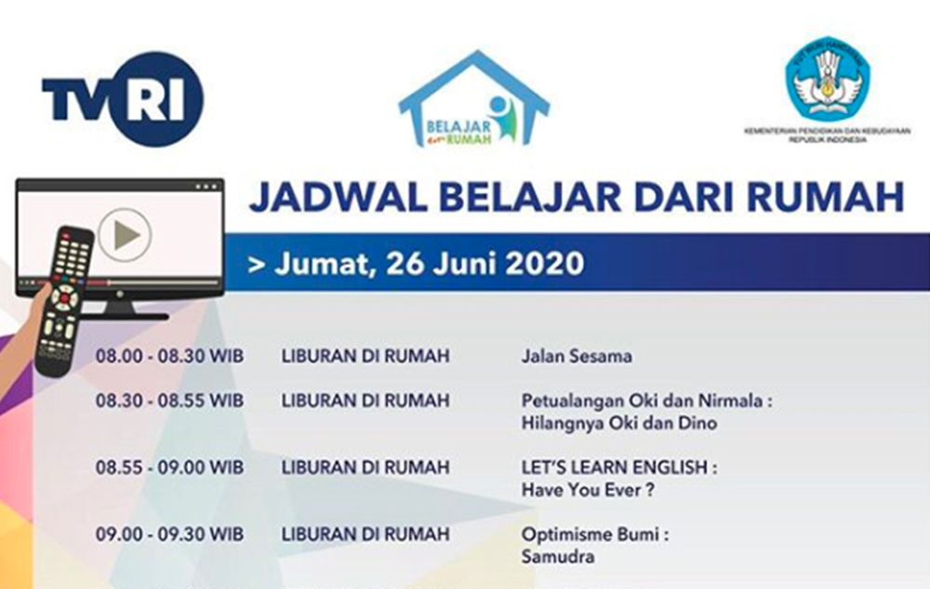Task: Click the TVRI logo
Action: coord(122,98)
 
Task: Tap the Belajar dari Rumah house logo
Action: coord(473,101)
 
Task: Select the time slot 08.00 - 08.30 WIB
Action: coord(169,356)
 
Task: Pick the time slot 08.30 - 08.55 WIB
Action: coord(169,401)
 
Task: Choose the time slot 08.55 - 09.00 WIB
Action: coord(169,467)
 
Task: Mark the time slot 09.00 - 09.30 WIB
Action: coord(169,535)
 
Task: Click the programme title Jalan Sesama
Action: coord(577,356)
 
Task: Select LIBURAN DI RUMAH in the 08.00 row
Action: coord(365,356)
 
